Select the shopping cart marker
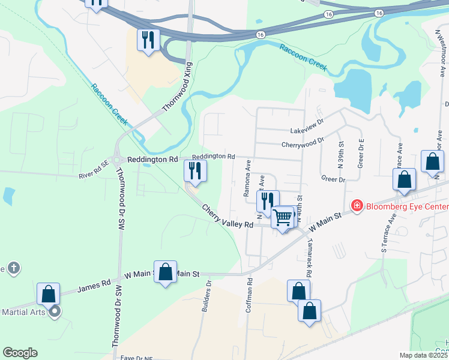point(282,218)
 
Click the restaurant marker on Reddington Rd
point(195,172)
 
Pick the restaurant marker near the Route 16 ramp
point(148,40)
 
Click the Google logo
point(20,353)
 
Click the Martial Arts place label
point(24,312)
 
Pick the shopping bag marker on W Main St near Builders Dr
point(166,272)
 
